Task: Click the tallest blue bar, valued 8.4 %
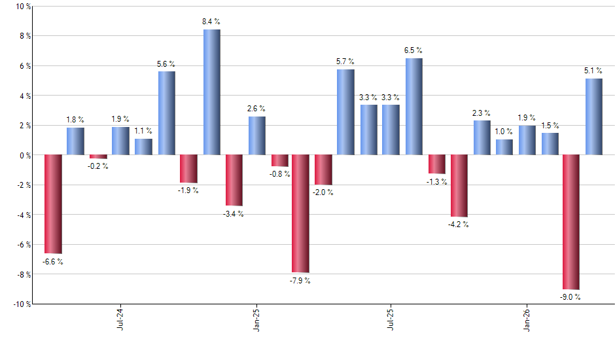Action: pos(211,92)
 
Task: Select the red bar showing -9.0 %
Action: pos(571,222)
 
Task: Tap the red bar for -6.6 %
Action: pos(53,204)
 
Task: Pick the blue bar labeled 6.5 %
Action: pos(413,107)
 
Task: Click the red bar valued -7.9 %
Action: pos(300,213)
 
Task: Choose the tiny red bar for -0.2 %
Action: pos(98,157)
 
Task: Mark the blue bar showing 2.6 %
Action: pos(256,136)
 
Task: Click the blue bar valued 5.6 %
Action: pos(166,113)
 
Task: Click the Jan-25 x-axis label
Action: pos(256,320)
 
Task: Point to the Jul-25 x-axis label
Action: pos(391,320)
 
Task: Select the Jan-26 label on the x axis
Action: pos(527,320)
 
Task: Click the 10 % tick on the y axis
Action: pos(22,7)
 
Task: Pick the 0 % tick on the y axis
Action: pos(24,156)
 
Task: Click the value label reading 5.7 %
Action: pos(345,62)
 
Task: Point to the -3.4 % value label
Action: pos(234,214)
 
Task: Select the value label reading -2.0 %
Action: pos(323,192)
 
